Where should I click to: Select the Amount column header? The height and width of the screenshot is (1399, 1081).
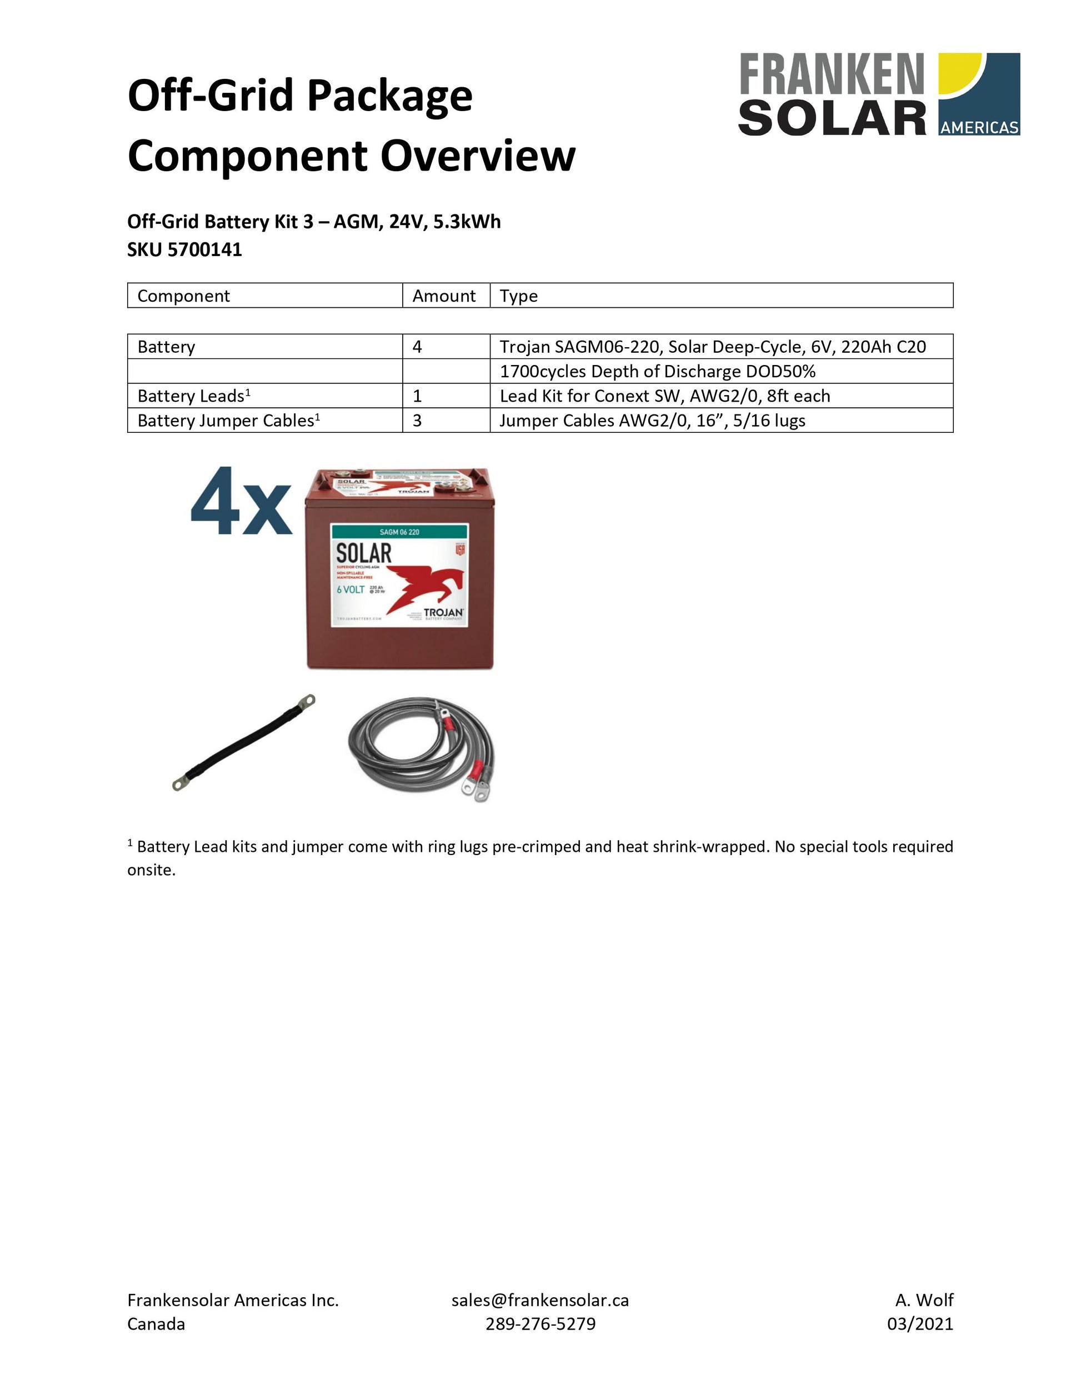[444, 296]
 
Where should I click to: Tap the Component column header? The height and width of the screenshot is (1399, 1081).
[183, 296]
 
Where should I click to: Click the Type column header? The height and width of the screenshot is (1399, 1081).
[519, 296]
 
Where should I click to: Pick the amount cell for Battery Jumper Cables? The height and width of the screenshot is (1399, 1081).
[418, 421]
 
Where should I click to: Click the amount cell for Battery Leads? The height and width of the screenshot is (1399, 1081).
[418, 396]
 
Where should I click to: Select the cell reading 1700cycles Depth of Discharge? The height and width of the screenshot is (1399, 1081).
[657, 372]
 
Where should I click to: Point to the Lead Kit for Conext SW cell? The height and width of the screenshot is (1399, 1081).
[665, 396]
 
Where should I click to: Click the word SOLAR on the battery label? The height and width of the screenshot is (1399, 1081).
[364, 553]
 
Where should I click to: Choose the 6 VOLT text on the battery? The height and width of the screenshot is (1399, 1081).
[351, 589]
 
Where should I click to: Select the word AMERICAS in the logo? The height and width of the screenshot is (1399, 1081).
[979, 127]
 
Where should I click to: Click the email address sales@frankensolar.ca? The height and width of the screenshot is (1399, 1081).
[540, 1300]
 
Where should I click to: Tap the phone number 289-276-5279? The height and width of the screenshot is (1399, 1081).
[540, 1323]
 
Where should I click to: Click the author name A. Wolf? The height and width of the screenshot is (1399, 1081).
[924, 1300]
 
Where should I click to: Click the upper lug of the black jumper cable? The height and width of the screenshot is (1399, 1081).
[307, 701]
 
